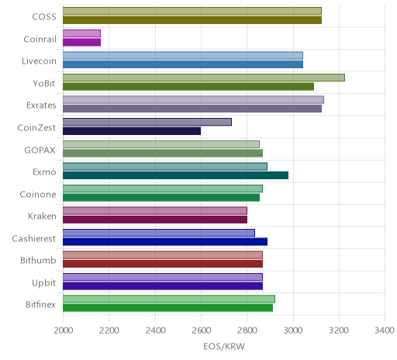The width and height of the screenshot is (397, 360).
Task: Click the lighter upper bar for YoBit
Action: (x=204, y=78)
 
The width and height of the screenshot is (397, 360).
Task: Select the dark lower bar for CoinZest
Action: (x=132, y=131)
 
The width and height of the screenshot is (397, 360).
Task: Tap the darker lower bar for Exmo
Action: (x=175, y=175)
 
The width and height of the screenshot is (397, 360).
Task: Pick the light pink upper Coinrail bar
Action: (x=81, y=33)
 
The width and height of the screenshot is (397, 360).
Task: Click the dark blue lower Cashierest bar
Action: (x=165, y=242)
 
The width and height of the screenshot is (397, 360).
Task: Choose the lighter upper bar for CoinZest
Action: (x=147, y=122)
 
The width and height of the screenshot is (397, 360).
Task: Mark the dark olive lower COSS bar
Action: (x=192, y=20)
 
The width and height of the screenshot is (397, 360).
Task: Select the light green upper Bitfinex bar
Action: (x=169, y=299)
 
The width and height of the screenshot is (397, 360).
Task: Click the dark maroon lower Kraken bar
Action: (x=155, y=220)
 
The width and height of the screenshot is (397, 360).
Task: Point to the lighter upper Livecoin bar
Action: (x=183, y=56)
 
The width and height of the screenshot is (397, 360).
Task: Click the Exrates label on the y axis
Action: (x=41, y=106)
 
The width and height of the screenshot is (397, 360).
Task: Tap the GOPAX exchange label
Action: (x=40, y=150)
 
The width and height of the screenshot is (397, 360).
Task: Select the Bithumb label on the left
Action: (x=38, y=260)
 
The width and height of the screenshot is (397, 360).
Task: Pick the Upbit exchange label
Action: (x=43, y=282)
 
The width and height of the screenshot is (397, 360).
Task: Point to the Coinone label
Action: (x=38, y=194)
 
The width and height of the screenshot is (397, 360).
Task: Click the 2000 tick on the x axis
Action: (x=64, y=331)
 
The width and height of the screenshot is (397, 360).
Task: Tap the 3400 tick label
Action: (x=385, y=331)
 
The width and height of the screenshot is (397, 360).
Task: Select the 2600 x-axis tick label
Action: (x=202, y=331)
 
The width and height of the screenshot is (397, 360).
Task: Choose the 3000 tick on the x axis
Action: (x=293, y=331)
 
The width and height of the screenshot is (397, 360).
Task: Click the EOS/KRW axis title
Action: (x=224, y=346)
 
